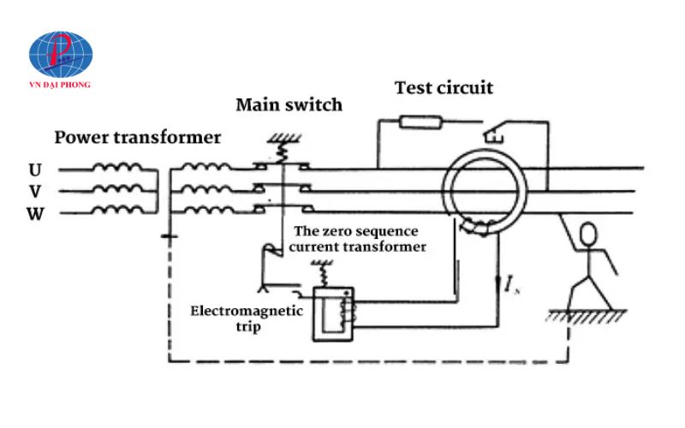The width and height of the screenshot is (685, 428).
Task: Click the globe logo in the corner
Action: [x=61, y=55]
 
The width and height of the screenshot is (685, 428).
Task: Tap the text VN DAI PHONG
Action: [x=61, y=86]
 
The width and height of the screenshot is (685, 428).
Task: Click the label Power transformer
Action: [x=138, y=137]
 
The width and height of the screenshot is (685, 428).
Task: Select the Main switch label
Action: [x=289, y=105]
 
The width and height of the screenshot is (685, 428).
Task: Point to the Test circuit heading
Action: [x=444, y=87]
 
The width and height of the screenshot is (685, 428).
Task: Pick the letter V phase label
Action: [x=35, y=192]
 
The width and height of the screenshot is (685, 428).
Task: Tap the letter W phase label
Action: [x=35, y=213]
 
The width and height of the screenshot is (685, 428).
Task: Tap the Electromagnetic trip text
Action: [x=246, y=318]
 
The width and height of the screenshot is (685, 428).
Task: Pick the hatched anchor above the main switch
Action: [x=280, y=139]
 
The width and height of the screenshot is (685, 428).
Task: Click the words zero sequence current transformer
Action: [x=359, y=239]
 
